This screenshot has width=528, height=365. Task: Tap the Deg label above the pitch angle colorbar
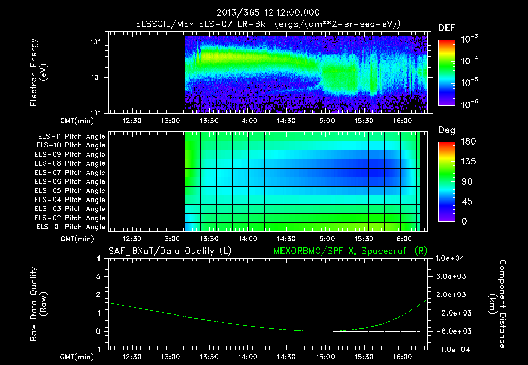click(x=447, y=130)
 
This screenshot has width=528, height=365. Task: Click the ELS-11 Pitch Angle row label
click(x=71, y=136)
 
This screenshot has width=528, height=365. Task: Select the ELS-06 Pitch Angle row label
click(x=71, y=181)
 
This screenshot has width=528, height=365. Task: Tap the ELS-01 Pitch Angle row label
click(x=71, y=227)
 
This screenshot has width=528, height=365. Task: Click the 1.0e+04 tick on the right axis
click(x=452, y=258)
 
